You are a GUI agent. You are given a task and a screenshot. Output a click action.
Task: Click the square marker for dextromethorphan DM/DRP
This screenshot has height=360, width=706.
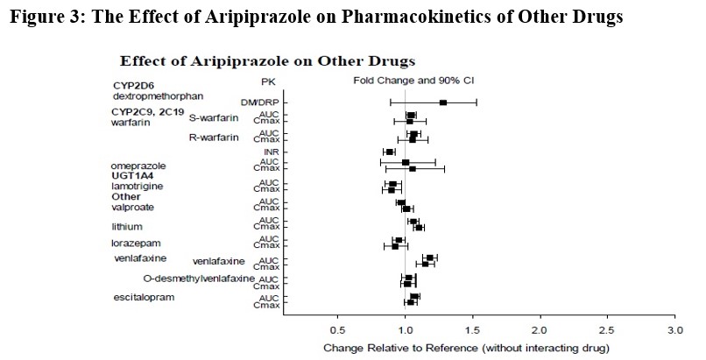click(x=443, y=102)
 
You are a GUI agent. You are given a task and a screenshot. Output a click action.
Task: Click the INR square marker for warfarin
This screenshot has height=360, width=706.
click(x=390, y=152)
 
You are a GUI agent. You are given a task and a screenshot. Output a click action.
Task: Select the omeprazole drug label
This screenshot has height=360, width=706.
click(x=138, y=166)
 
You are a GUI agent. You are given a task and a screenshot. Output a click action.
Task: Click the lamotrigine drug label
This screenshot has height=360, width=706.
click(x=137, y=187)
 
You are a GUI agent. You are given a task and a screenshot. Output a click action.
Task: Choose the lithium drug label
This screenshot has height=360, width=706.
click(x=124, y=227)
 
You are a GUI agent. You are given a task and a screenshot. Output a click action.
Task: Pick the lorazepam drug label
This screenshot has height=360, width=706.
click(x=134, y=243)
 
